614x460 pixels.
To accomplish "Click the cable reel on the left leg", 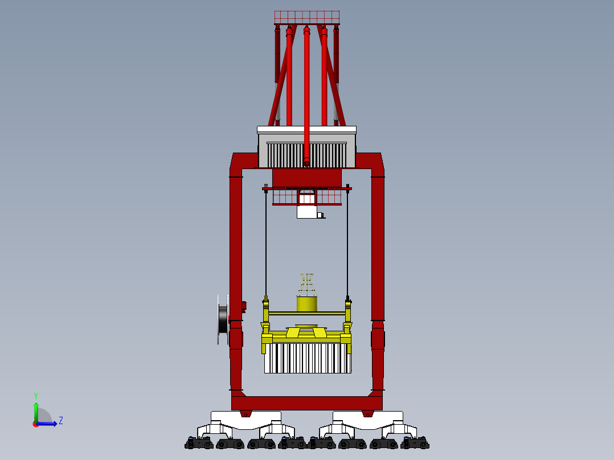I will (x=223, y=320).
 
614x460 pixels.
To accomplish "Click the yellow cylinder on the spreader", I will (x=307, y=303).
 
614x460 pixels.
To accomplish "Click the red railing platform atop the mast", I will (x=306, y=17).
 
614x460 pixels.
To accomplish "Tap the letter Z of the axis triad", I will (x=60, y=421).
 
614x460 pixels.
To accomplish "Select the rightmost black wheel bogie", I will (x=415, y=442).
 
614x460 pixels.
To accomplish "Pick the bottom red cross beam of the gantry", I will (x=306, y=403).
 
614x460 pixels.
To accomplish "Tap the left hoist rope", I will (x=265, y=245).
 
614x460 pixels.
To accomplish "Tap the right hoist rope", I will (x=347, y=245).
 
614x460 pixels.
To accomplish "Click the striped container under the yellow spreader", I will (x=307, y=358).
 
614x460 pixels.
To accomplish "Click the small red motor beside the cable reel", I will (x=244, y=306).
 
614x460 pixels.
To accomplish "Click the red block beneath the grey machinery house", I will (x=306, y=177).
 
